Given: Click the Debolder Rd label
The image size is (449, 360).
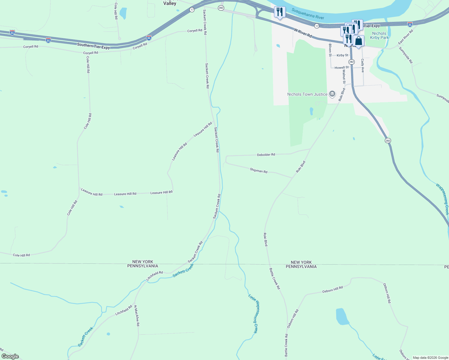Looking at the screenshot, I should [x=266, y=155].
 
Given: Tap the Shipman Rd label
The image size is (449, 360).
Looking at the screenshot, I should [x=258, y=170].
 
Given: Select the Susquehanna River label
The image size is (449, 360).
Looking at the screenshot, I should [x=308, y=14].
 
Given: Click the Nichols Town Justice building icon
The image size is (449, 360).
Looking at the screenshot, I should [x=332, y=94].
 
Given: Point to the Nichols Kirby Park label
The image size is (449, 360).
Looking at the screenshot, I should [x=379, y=36].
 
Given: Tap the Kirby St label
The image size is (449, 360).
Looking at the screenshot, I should [x=342, y=55].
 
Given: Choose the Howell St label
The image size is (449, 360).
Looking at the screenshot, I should [x=342, y=68].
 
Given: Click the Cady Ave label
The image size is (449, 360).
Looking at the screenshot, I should [x=363, y=65].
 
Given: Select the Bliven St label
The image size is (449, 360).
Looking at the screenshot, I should [x=330, y=50].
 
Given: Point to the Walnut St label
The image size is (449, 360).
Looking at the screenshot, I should [x=344, y=77].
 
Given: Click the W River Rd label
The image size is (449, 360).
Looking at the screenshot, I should [x=303, y=33].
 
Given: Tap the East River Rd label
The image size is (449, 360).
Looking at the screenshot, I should [x=406, y=37].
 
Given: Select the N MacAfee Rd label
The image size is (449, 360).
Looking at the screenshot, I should [x=137, y=316].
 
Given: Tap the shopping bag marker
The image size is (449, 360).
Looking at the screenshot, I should [x=358, y=41].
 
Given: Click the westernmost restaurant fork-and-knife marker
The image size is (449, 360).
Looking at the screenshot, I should [x=280, y=12].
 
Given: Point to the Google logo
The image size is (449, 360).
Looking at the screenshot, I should [x=10, y=356].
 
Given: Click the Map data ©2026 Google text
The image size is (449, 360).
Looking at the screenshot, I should [x=430, y=358].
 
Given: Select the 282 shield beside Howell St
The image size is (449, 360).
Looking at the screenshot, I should [x=352, y=62].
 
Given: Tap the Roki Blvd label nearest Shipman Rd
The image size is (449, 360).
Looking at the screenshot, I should [x=300, y=167].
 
